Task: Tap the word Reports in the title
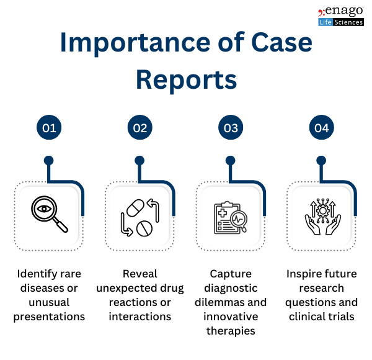[x=186, y=79]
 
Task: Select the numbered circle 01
[x=49, y=128]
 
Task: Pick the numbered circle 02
[x=140, y=128]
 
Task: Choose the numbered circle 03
[x=231, y=128]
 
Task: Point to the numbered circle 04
[x=321, y=128]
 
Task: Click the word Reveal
[x=140, y=274]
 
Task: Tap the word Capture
[x=231, y=274]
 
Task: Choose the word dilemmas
[x=219, y=302]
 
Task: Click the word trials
[x=342, y=317]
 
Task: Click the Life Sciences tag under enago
[x=340, y=22]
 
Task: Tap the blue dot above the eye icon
[x=49, y=160]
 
